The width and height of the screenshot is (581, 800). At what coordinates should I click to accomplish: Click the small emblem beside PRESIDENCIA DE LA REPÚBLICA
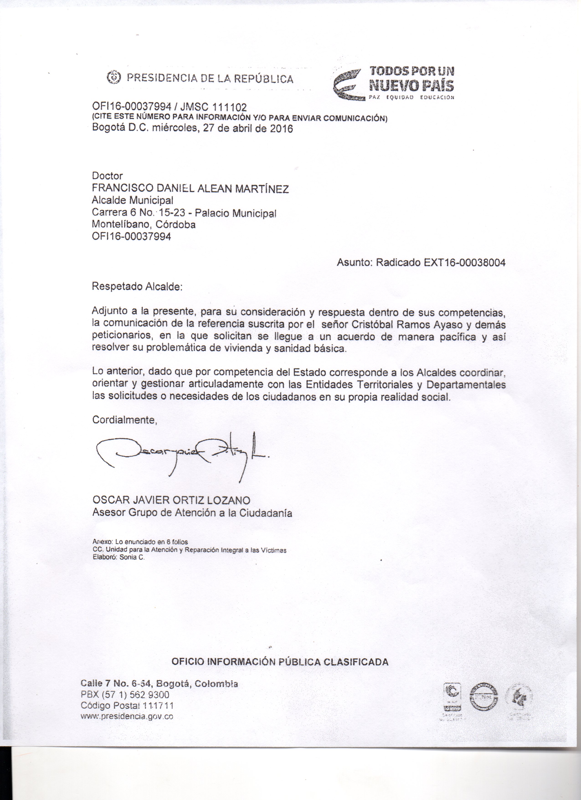(x=113, y=77)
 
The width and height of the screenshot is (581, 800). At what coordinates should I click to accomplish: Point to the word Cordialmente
(x=124, y=420)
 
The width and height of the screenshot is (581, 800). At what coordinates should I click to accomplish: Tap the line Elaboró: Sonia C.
(x=118, y=557)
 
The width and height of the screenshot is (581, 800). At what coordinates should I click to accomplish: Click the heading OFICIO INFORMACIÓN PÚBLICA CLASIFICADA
(x=280, y=662)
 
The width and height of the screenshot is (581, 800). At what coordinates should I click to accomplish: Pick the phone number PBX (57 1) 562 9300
(x=125, y=695)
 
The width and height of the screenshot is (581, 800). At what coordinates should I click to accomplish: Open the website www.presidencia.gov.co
(x=127, y=716)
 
